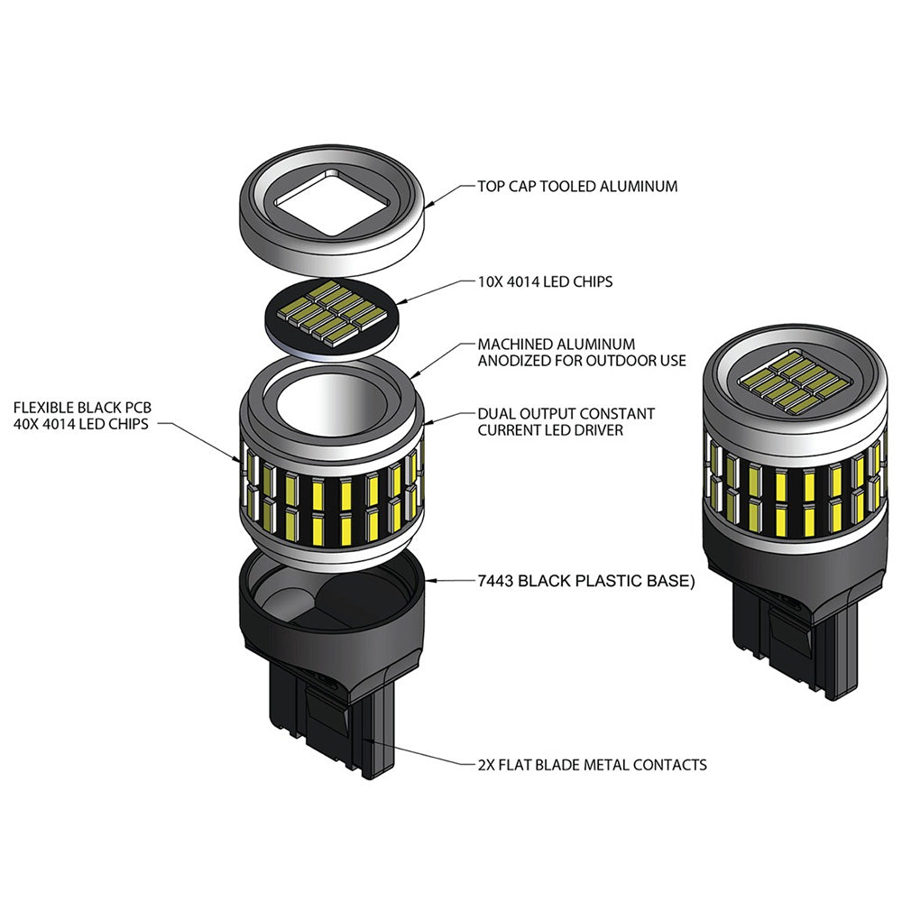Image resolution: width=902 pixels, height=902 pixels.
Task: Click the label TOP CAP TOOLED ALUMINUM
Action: pyautogui.click(x=577, y=187)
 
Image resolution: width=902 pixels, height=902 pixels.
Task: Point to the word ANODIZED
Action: pyautogui.click(x=511, y=361)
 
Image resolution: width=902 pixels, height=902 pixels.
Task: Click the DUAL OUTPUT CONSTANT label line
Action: pyautogui.click(x=566, y=414)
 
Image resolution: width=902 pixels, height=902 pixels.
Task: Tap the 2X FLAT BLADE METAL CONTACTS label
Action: pyautogui.click(x=592, y=764)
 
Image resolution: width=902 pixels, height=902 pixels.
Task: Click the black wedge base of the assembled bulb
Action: pyautogui.click(x=794, y=631)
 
